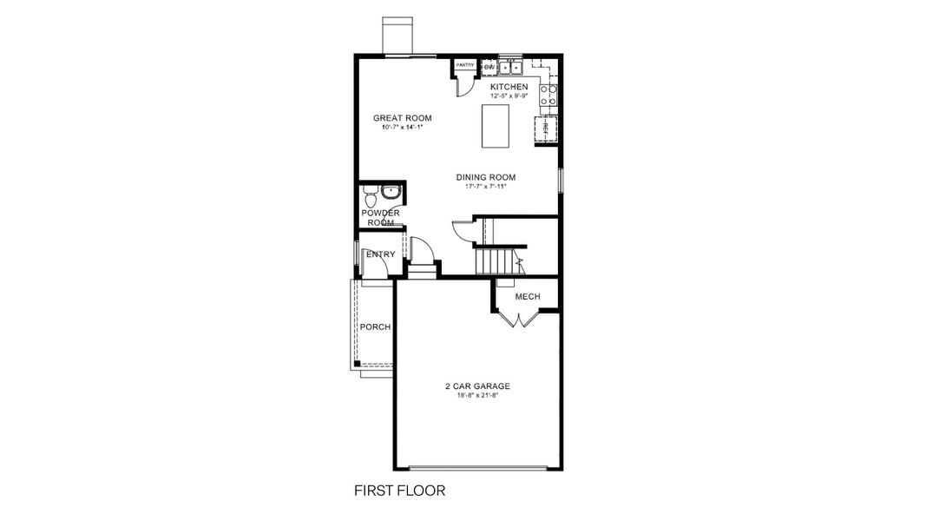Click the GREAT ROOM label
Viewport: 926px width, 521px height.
pos(402,118)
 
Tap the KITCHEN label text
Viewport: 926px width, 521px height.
pos(509,88)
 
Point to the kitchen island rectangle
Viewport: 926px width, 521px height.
pos(496,125)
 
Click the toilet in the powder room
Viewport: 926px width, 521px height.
pos(371,196)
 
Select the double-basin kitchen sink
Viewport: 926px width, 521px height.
pos(508,67)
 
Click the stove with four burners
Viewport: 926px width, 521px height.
pos(548,94)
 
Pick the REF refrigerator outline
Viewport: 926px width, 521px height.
pos(546,129)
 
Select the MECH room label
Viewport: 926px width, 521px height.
pos(528,297)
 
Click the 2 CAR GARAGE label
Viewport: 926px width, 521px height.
pos(476,386)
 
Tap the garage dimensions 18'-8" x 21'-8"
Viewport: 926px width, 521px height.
pos(476,396)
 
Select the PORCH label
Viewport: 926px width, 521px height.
pos(375,327)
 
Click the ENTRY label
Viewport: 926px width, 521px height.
pos(380,254)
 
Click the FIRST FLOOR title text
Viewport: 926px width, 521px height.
pos(399,491)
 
